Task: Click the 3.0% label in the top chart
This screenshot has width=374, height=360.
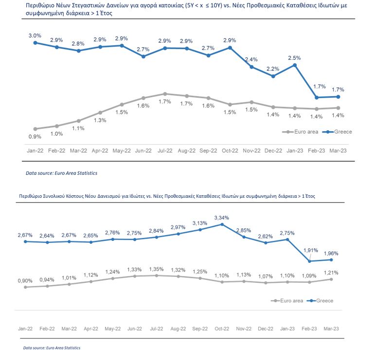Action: click(x=35, y=36)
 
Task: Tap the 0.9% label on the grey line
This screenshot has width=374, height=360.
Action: click(x=35, y=137)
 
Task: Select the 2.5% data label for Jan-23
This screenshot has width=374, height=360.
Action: click(x=294, y=58)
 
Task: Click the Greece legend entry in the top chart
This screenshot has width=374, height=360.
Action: click(x=337, y=132)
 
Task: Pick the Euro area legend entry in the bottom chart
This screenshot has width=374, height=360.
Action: click(x=287, y=301)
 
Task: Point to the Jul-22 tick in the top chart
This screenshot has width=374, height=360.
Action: click(x=165, y=151)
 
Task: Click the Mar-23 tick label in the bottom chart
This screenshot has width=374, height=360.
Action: click(x=331, y=329)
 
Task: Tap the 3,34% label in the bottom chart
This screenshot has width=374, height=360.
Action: click(x=222, y=218)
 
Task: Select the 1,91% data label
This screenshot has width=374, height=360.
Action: click(x=311, y=250)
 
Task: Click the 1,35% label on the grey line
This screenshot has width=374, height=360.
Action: click(x=156, y=269)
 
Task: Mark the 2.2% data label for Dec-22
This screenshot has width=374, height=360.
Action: click(x=273, y=69)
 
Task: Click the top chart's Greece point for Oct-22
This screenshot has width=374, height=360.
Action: click(x=230, y=48)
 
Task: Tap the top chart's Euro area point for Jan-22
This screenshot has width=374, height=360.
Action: click(x=36, y=129)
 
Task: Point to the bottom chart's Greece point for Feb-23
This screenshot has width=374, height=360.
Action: click(x=310, y=261)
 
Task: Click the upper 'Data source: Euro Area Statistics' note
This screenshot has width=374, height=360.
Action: click(x=62, y=173)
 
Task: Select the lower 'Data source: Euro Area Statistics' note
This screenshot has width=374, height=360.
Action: click(x=52, y=348)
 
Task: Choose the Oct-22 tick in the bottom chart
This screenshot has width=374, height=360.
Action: click(x=222, y=329)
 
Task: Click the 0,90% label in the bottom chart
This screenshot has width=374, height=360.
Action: click(x=25, y=281)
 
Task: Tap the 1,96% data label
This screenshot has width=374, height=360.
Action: click(x=331, y=254)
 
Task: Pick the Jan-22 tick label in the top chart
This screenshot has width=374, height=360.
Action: click(x=35, y=151)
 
